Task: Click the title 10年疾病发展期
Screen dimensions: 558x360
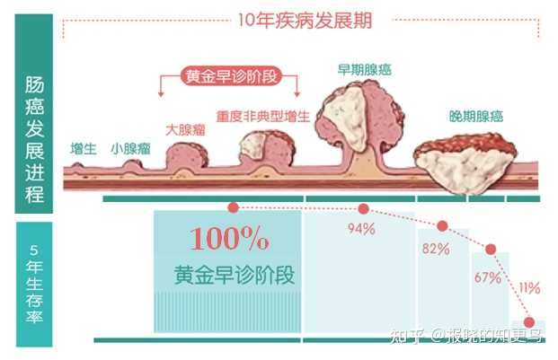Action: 305,21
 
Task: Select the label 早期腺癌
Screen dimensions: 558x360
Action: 365,70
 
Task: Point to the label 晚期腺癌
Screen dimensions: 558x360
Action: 476,116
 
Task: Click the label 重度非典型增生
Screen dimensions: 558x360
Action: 263,116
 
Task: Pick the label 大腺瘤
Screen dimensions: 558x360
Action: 185,129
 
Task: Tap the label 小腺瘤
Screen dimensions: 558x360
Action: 130,148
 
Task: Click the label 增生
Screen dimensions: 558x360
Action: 84,148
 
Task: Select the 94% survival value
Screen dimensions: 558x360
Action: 361,229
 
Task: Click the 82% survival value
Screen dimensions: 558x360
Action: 436,249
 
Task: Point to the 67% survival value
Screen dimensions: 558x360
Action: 488,277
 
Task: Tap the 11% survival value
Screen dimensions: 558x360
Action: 529,288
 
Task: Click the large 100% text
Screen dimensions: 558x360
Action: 229,239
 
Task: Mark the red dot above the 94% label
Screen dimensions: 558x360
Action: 363,209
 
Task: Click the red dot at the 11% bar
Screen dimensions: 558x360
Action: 529,322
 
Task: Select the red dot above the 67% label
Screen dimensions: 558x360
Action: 491,249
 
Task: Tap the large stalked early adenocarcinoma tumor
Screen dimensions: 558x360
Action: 359,121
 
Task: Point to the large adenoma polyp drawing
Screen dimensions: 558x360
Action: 187,156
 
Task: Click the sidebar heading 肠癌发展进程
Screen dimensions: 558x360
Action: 34,139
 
